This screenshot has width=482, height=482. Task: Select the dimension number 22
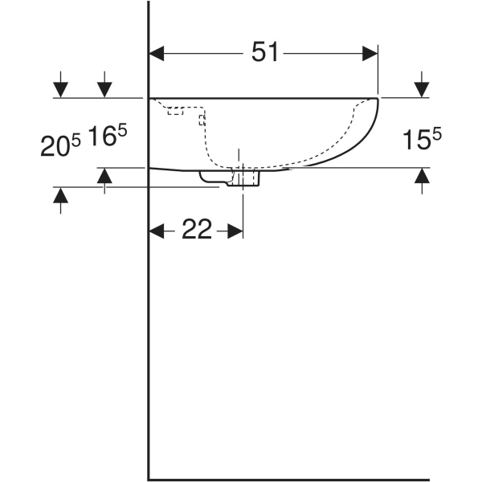point(196,231)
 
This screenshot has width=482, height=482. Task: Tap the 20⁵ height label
point(60,145)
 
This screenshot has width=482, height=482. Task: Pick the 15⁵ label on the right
point(421,141)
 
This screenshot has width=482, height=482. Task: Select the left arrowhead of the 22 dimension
point(157,231)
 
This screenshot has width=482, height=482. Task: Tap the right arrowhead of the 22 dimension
point(235,231)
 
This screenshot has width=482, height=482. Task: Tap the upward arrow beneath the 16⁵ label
point(104,176)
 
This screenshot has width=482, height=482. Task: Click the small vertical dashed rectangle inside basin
point(202,120)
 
